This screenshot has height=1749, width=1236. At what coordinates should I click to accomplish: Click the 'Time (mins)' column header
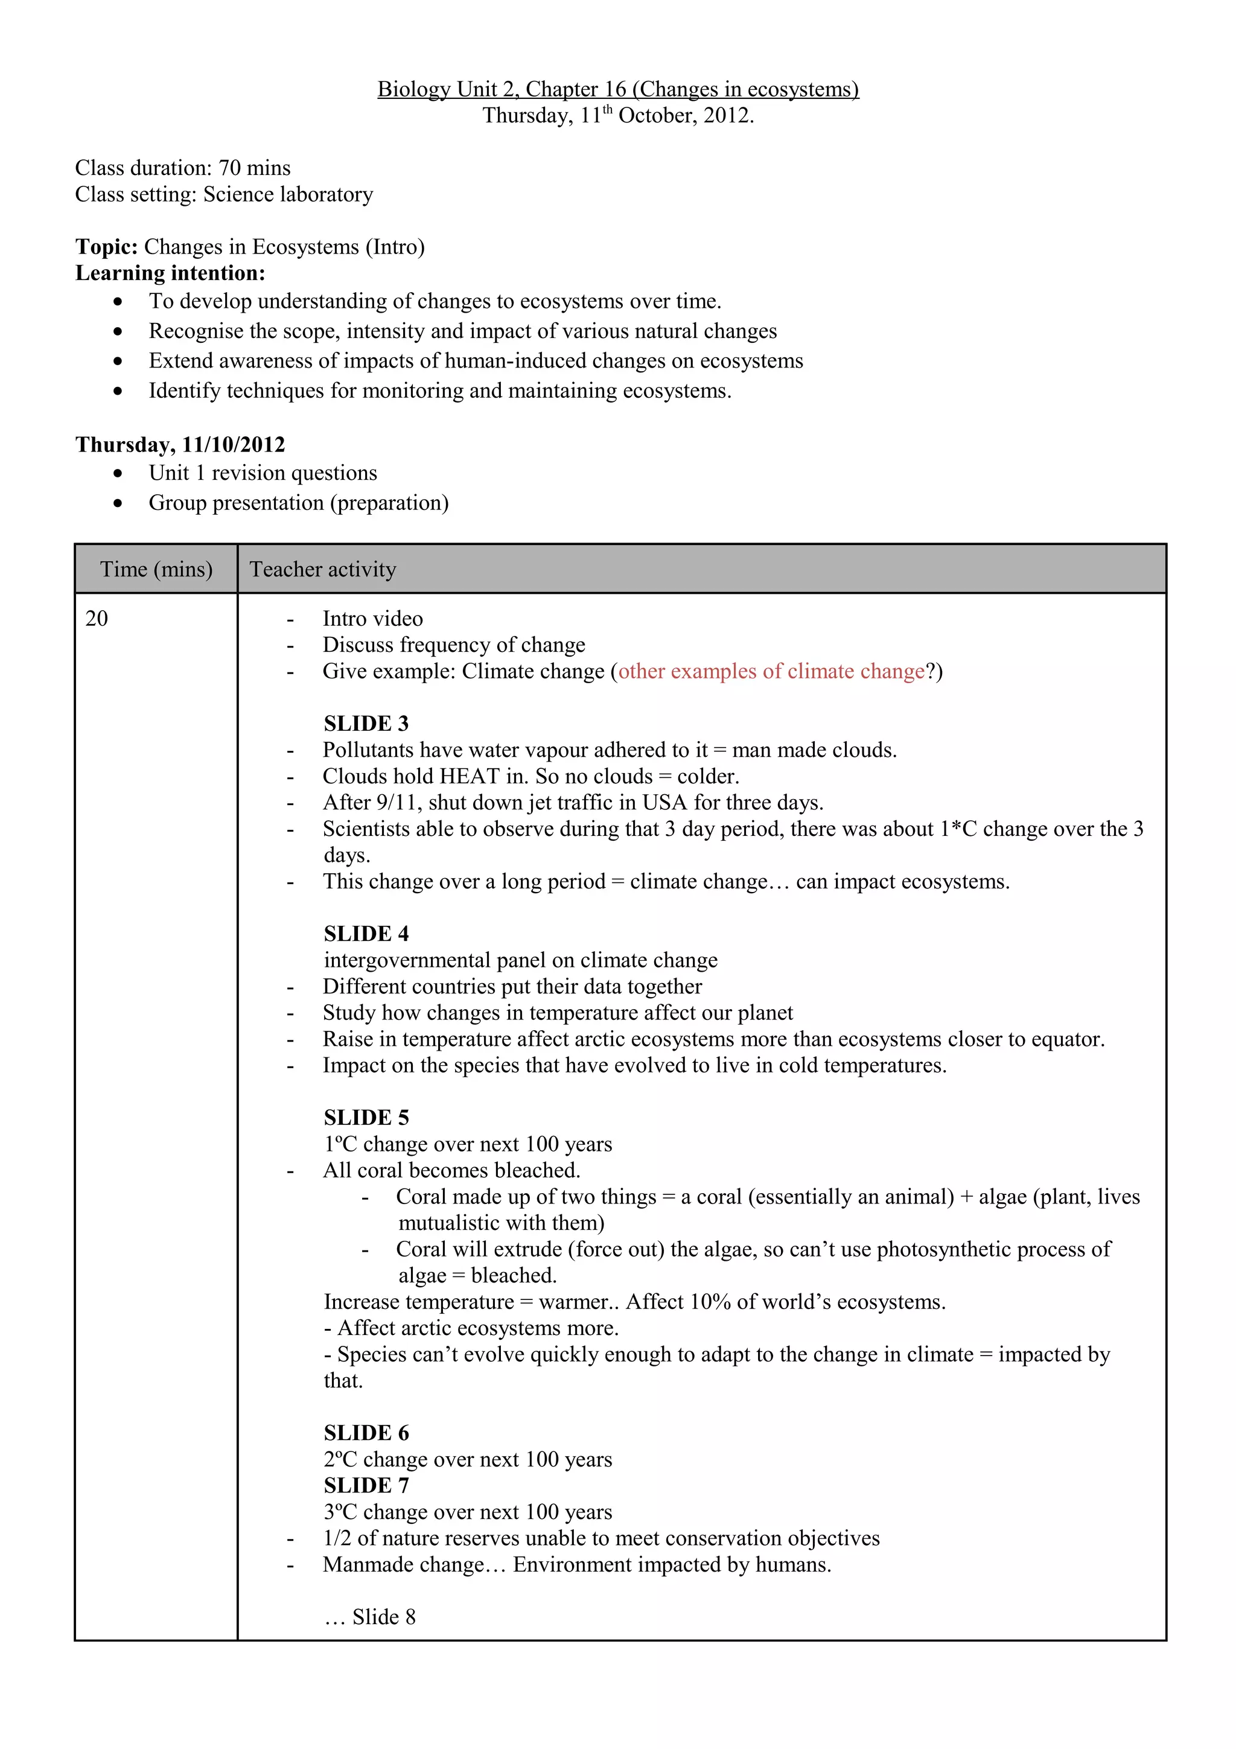[x=156, y=569]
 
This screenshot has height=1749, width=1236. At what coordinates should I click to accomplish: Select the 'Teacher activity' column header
[x=323, y=569]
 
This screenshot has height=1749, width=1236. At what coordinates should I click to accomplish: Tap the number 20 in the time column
[x=97, y=618]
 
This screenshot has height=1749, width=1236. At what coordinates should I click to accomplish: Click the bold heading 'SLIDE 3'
[x=366, y=723]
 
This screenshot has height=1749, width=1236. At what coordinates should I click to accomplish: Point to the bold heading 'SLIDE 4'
[x=366, y=933]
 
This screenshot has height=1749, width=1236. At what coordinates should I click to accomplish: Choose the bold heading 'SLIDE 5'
[x=366, y=1118]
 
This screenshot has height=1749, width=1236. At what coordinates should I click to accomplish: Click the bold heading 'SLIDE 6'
[x=366, y=1433]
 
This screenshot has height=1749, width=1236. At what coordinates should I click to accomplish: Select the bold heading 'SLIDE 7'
[x=366, y=1485]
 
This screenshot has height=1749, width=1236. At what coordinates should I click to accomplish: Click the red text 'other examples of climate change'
[x=771, y=671]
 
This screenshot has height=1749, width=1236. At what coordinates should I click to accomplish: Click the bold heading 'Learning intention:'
[x=170, y=273]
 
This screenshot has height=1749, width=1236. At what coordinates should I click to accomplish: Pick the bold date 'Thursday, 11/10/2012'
[x=180, y=444]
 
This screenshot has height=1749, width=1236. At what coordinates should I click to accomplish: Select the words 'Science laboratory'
[x=288, y=194]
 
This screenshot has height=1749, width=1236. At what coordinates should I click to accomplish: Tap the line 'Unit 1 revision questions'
[x=263, y=473]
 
